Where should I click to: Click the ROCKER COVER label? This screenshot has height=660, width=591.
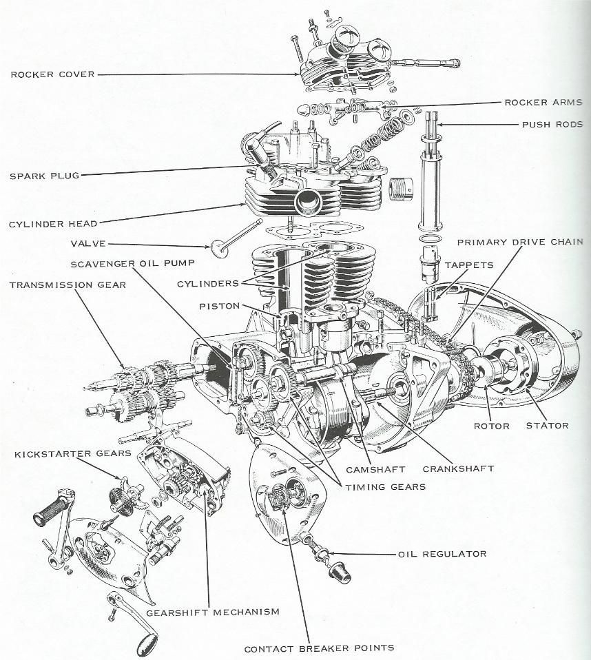coord(52,74)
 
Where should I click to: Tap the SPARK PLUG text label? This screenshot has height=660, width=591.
coord(45,176)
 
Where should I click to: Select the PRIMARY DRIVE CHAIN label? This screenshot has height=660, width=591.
coord(520,242)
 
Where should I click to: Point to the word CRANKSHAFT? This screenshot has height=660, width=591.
coord(459,468)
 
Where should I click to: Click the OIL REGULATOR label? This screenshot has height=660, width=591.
coord(442,553)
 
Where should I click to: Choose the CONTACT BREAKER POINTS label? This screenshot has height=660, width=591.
coord(319,648)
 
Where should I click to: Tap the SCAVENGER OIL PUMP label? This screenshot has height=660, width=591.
coord(132,264)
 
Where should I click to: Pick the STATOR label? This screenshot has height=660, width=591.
coord(547,426)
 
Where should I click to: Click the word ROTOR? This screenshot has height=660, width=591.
coord(492,426)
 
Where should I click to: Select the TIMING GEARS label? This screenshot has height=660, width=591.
coord(386,487)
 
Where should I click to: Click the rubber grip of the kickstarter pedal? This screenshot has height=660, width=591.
coord(50,510)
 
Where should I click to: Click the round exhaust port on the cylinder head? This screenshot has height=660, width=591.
coord(308,202)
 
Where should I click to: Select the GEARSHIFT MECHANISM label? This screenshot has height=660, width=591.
coord(213,612)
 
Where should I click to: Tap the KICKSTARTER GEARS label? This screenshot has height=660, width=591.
coord(73,454)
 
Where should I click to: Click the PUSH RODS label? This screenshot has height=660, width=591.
coord(552,125)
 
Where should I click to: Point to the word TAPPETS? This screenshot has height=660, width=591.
coord(469,265)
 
